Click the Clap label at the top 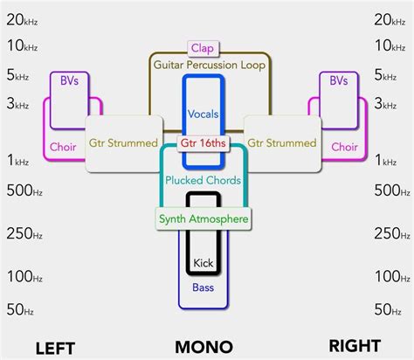point(203,48)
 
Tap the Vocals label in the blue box point(203,114)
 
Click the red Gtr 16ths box point(204,142)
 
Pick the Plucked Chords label point(203,180)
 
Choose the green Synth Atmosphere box point(204,218)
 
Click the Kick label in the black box point(203,261)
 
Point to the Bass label point(203,287)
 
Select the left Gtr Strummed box point(123,142)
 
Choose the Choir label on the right point(344,148)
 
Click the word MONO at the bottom point(204,347)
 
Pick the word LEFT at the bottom point(55,347)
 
